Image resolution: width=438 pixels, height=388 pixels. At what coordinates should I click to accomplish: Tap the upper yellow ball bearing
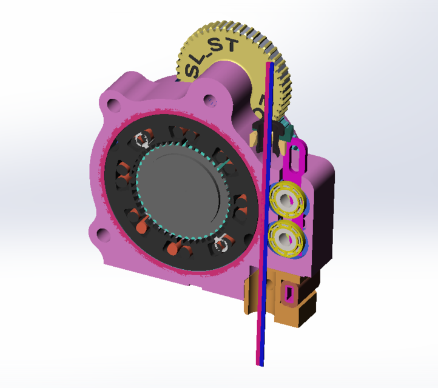[288, 199]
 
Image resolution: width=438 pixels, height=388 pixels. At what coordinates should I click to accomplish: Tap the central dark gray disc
[181, 195]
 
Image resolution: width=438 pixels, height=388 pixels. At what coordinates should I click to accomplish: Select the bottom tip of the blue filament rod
[261, 363]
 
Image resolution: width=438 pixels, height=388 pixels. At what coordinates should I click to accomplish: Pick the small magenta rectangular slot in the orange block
[288, 294]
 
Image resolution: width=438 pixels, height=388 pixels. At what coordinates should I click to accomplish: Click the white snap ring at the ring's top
[144, 140]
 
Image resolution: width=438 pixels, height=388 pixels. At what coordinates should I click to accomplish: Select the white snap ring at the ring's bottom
[221, 243]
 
